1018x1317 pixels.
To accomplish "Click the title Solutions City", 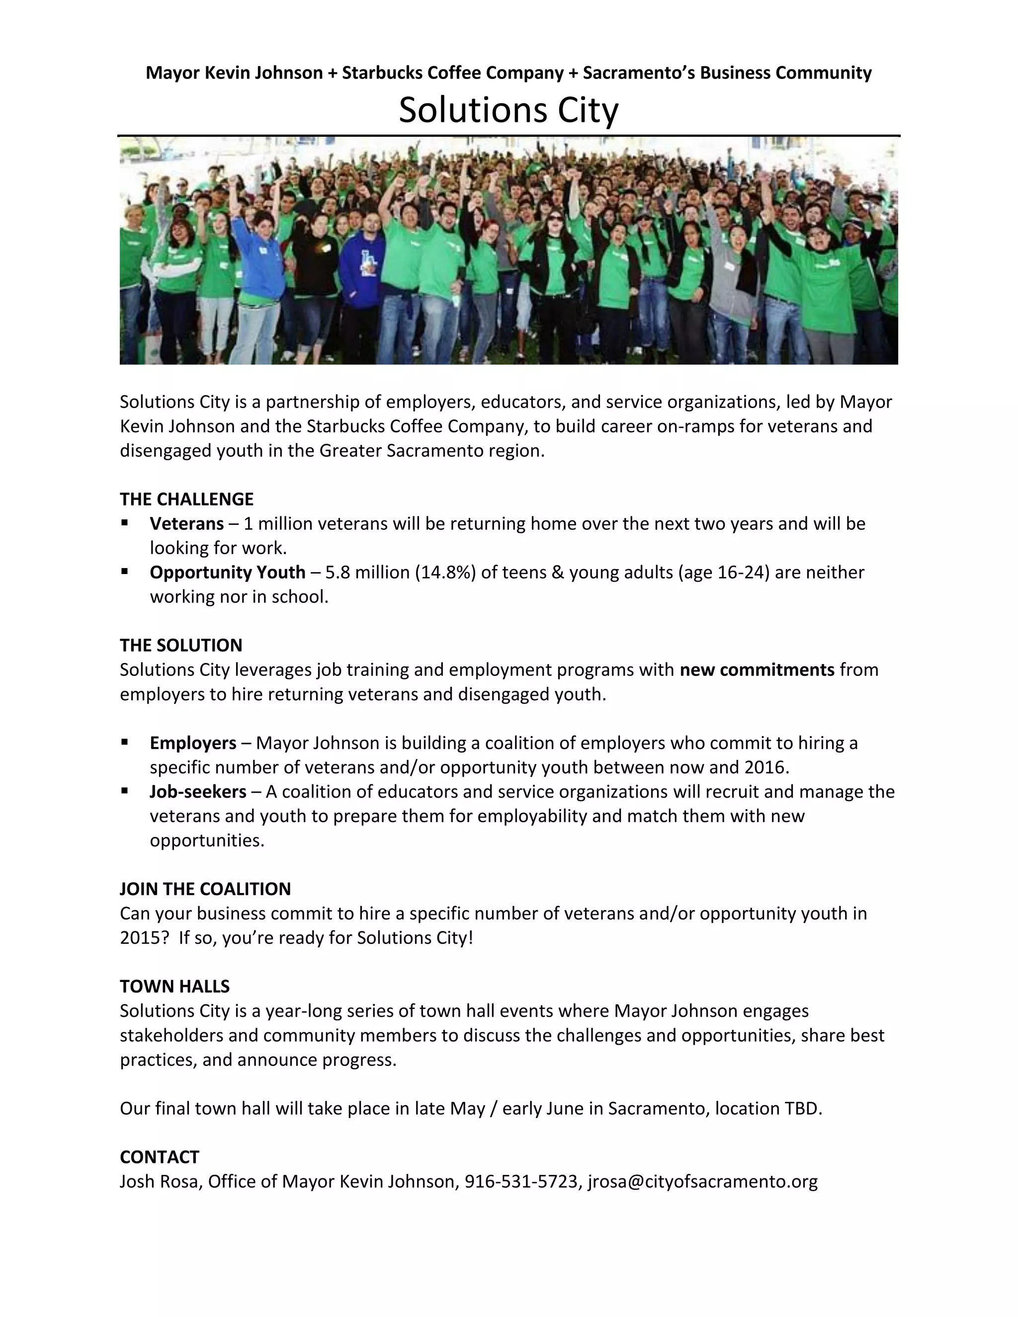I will pyautogui.click(x=509, y=110).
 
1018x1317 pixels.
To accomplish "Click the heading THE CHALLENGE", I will pyautogui.click(x=186, y=499).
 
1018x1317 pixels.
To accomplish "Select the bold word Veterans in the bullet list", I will pyautogui.click(x=186, y=523).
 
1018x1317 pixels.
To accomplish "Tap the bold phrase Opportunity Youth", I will pyautogui.click(x=227, y=572).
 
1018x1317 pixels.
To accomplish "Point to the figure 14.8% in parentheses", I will pyautogui.click(x=445, y=572).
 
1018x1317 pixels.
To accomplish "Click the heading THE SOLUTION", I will pyautogui.click(x=181, y=645).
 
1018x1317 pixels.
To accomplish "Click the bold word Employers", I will pyautogui.click(x=193, y=743).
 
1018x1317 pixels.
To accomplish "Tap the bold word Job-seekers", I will pyautogui.click(x=198, y=792).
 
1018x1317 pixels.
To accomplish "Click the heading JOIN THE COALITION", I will pyautogui.click(x=205, y=889).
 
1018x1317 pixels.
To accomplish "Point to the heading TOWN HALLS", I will pyautogui.click(x=174, y=987).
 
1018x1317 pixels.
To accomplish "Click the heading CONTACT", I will pyautogui.click(x=159, y=1157).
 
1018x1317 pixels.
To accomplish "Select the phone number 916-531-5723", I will pyautogui.click(x=521, y=1181).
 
